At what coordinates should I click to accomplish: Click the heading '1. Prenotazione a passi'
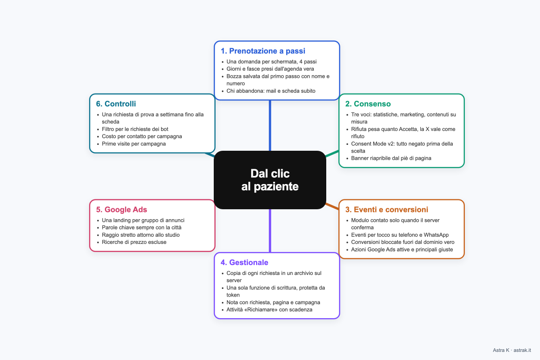[x=263, y=51]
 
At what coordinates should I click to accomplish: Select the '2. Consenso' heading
[x=368, y=103]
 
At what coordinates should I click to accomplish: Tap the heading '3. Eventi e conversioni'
[x=387, y=209]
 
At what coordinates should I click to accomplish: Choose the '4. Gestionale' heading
[x=244, y=262]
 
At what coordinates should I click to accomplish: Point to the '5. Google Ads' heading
[x=121, y=209]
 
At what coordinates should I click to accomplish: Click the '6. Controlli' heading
[x=116, y=103]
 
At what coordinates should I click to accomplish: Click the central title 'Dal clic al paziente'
[x=270, y=180]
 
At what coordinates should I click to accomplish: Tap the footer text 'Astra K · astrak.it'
[x=512, y=350]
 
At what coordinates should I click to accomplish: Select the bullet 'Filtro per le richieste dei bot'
[x=135, y=129]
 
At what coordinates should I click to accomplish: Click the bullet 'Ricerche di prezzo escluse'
[x=134, y=242]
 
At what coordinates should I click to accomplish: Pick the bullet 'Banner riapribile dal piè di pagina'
[x=391, y=158]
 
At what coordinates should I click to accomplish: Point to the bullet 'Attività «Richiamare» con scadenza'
[x=269, y=310]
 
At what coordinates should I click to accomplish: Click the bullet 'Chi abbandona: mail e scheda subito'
[x=271, y=91]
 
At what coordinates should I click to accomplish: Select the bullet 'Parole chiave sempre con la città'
[x=141, y=227]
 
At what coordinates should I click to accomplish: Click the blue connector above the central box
[x=270, y=126]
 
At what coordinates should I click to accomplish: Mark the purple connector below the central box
[x=270, y=231]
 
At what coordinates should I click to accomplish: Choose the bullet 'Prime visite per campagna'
[x=134, y=144]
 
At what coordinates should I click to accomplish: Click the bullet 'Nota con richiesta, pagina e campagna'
[x=274, y=302]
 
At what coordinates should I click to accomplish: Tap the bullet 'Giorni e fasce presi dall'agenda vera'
[x=270, y=69]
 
